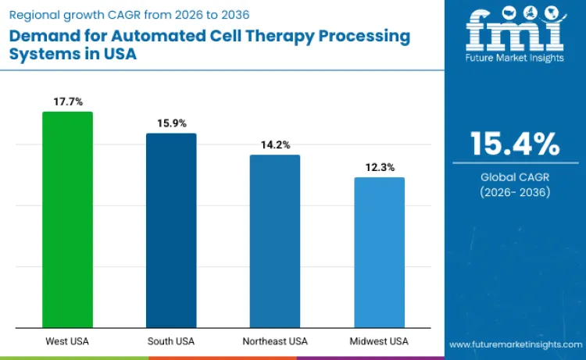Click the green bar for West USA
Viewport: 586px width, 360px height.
(67, 219)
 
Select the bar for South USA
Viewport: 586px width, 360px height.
(171, 230)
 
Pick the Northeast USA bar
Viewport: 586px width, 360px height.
(275, 241)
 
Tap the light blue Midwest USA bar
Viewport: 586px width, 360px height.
(379, 252)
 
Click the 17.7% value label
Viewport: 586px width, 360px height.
(67, 101)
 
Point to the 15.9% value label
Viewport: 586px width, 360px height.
(171, 123)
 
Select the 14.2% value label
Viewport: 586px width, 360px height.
(275, 144)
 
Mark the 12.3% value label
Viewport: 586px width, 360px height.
(379, 167)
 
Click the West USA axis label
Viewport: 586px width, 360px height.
(67, 341)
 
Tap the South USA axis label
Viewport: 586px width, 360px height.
(171, 341)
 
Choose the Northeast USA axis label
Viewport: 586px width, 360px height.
(275, 341)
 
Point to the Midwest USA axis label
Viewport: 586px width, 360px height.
(379, 341)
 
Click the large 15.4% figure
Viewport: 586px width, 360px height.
(515, 145)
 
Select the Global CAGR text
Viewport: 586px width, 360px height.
(515, 177)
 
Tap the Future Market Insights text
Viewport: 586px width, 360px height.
(514, 60)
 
